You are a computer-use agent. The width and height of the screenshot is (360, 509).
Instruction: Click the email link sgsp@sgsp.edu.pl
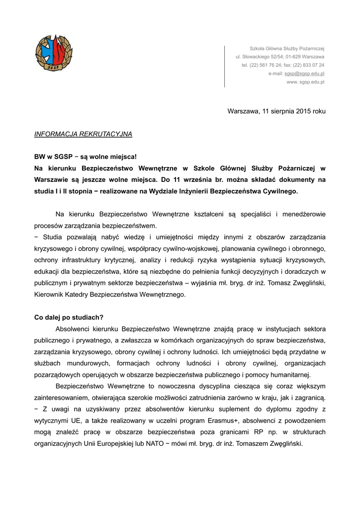click(x=304, y=74)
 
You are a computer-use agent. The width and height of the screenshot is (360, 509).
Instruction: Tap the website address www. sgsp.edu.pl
click(x=305, y=82)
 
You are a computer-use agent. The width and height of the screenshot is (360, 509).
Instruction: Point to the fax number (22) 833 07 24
click(x=309, y=65)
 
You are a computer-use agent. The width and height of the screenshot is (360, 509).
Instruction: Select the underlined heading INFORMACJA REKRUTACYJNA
click(x=83, y=134)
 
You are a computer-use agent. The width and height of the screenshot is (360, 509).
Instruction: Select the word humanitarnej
click(x=289, y=374)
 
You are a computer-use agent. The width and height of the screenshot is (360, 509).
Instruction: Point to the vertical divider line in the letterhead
click(x=224, y=66)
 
